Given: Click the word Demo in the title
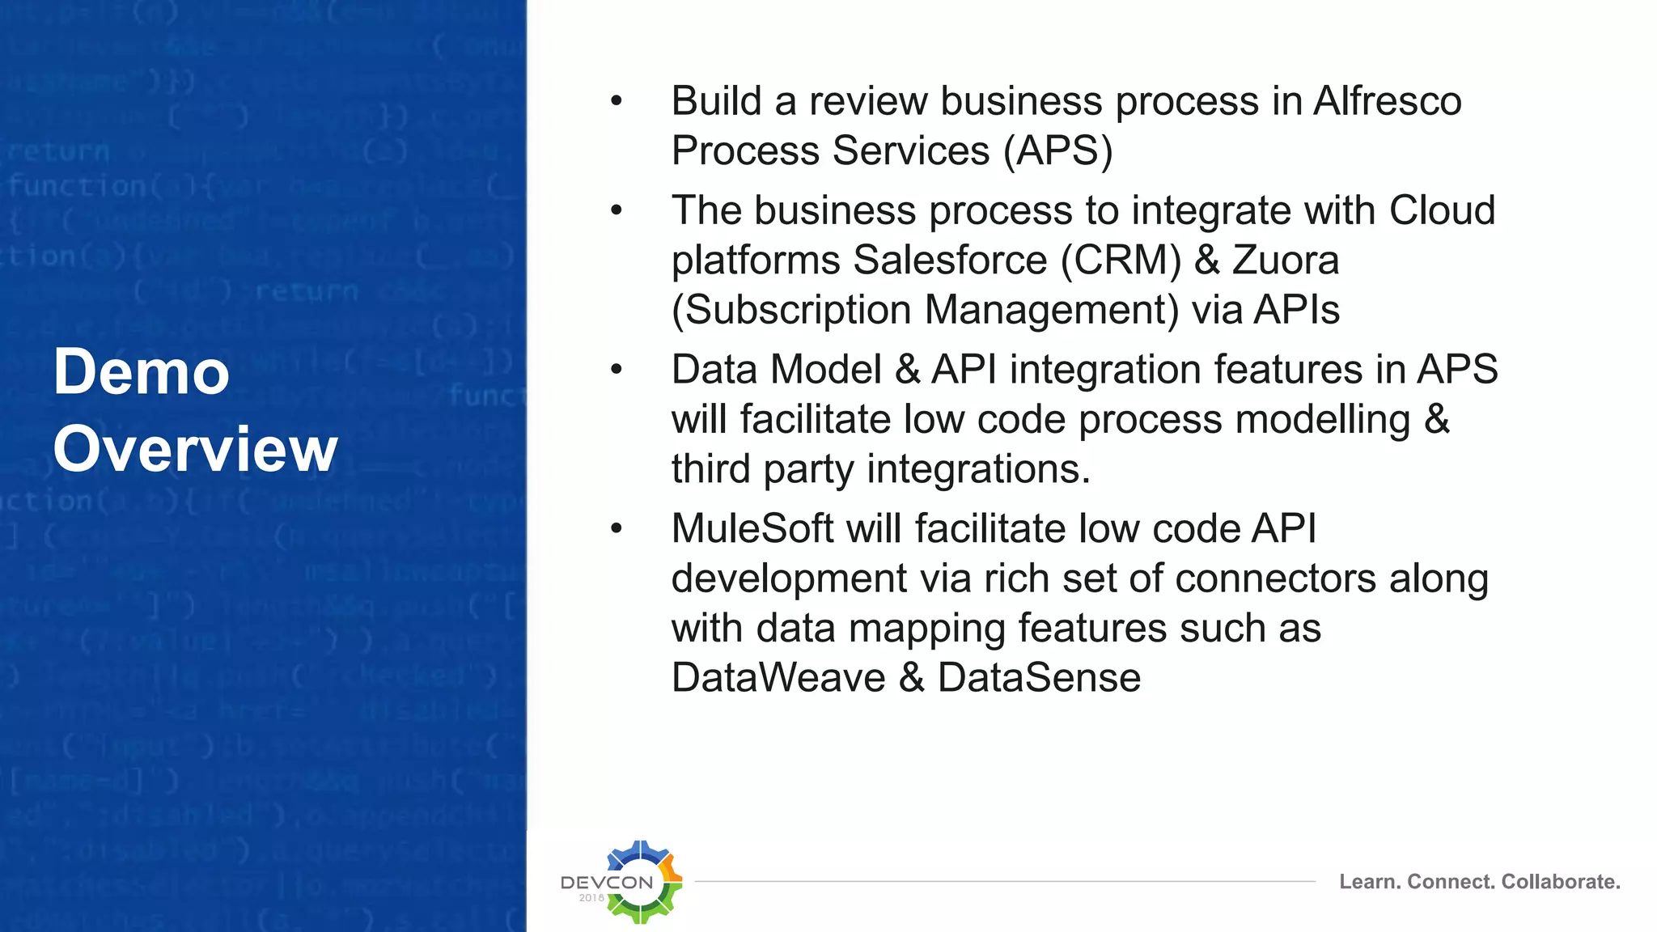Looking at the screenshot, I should [x=142, y=371].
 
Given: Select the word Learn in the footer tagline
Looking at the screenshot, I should [x=1369, y=881].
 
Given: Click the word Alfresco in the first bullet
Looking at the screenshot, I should [x=1387, y=101].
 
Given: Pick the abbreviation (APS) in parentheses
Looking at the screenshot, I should [x=1058, y=150].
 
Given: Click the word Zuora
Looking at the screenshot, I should [x=1286, y=260].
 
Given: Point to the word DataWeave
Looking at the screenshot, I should [x=778, y=677].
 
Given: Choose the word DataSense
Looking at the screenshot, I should [x=1039, y=677].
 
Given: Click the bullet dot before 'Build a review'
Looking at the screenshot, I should [x=617, y=101].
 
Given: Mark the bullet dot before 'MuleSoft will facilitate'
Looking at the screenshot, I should [x=617, y=529].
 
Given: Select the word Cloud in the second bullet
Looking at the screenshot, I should [x=1442, y=210].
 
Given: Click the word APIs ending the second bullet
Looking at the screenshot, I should [x=1296, y=310].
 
